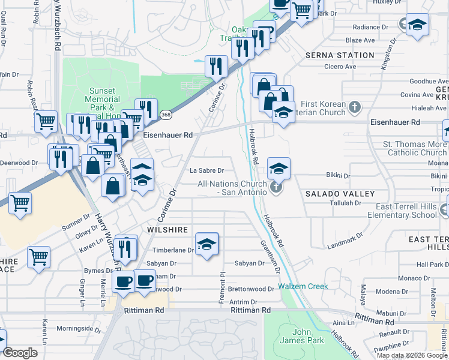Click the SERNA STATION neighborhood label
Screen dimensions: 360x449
(340, 55)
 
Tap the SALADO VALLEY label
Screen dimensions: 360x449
(340, 194)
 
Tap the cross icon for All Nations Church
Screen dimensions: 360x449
(276, 188)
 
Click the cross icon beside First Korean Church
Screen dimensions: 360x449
(355, 107)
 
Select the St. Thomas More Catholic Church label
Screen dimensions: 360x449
(415, 148)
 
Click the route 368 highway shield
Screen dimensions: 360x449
(166, 114)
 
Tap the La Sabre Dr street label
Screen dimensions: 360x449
(206, 170)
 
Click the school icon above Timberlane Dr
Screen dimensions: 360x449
(206, 244)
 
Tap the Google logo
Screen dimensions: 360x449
(20, 353)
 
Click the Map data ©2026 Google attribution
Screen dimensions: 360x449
(411, 355)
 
